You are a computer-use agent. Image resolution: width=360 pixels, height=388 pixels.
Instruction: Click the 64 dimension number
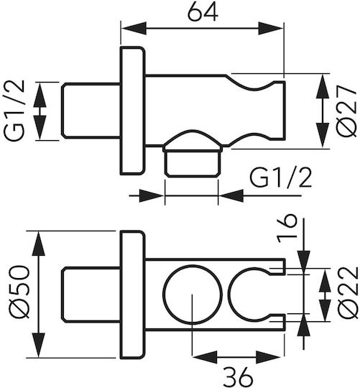203,12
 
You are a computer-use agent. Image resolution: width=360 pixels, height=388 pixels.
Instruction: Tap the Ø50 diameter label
18,291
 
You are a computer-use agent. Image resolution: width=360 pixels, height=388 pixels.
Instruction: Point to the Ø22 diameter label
348,292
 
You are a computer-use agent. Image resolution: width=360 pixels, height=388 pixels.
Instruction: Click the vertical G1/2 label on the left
15,111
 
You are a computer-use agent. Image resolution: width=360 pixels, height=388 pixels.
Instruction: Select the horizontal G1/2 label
280,177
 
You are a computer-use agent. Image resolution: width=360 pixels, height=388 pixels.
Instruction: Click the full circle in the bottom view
193,295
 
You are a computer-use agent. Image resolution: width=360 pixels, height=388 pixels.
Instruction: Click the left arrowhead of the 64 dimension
134,28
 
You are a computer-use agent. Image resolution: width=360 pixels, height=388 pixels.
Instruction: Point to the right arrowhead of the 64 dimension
271,28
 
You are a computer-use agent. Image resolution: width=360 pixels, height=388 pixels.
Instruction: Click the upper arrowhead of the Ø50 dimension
39,243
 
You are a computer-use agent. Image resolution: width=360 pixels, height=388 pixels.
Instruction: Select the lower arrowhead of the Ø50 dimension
39,345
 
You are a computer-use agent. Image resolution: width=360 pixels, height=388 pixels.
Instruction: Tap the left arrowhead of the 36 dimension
205,357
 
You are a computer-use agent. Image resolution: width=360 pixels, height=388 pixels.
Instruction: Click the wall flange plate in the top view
132,111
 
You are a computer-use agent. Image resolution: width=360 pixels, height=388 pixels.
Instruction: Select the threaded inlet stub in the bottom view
91,295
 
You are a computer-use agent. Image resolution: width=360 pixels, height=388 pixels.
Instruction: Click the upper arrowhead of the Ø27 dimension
323,86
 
